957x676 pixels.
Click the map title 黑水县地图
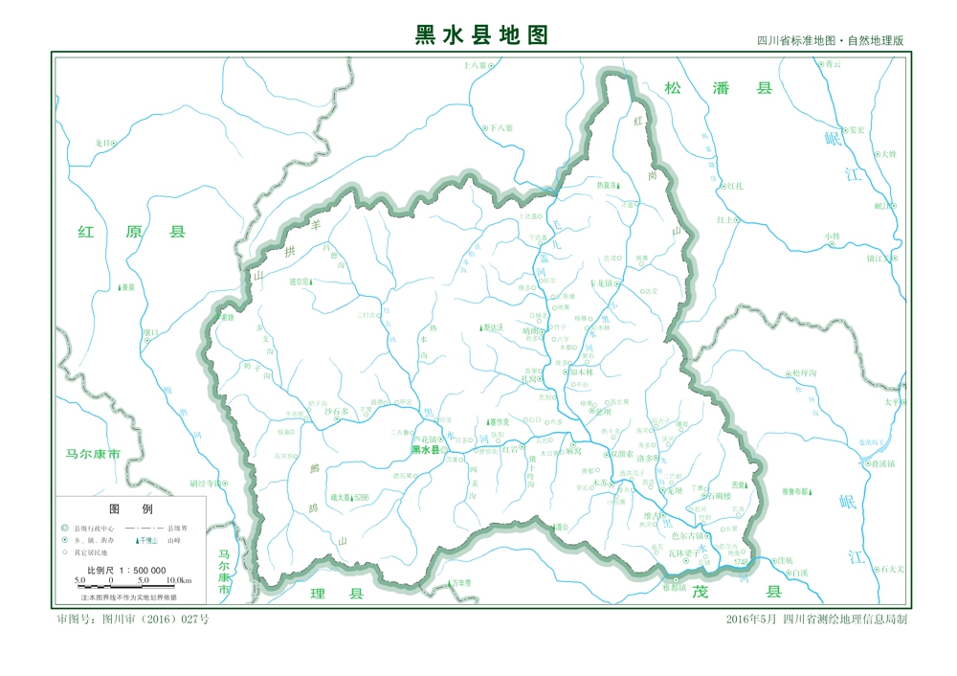481,35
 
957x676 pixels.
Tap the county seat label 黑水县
425,450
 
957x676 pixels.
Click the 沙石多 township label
341,412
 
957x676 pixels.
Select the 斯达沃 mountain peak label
499,327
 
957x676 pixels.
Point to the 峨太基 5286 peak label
348,498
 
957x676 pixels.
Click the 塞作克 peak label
500,421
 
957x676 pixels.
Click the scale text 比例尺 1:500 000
126,570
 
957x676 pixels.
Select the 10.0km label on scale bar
179,580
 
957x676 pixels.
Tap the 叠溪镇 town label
879,463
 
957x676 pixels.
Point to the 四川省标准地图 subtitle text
830,41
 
